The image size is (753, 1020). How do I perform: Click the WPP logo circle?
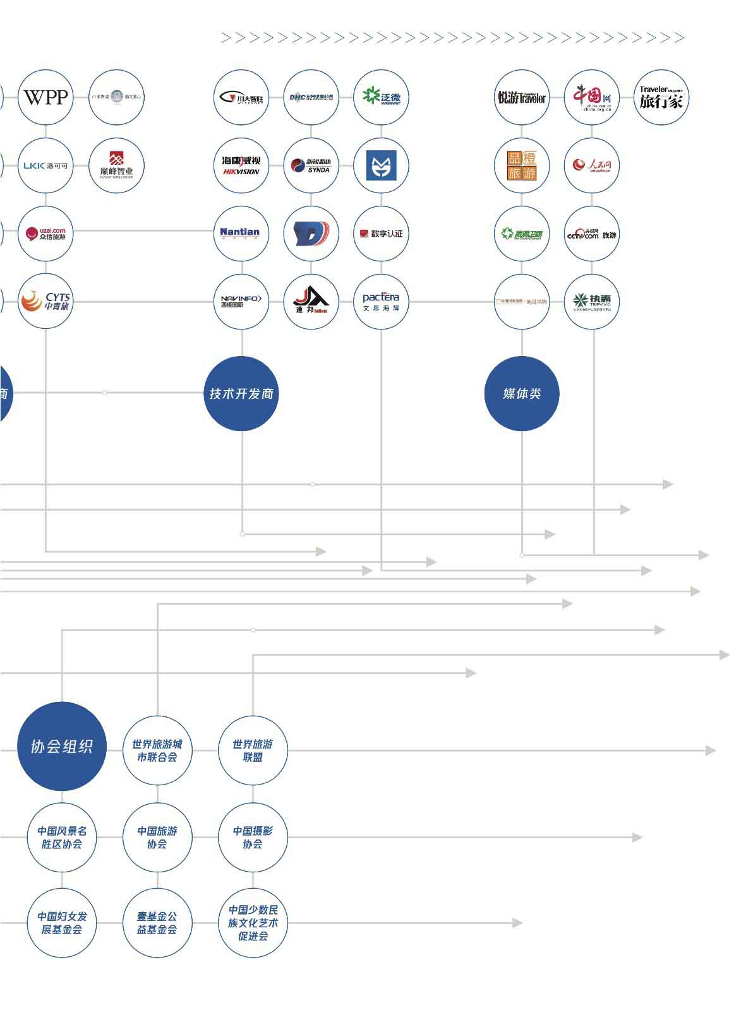45,97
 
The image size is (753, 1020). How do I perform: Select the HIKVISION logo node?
241,165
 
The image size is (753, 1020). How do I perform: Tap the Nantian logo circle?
241,234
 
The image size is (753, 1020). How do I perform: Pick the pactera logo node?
381,302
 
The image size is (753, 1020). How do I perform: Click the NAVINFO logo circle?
241,302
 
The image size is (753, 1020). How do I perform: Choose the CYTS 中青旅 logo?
45,302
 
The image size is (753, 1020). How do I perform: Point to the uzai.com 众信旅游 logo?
45,234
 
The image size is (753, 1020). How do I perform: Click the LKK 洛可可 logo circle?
45,165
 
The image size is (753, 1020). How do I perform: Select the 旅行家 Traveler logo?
661,97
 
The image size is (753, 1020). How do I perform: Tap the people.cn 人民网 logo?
591,165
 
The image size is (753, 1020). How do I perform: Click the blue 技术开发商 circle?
241,393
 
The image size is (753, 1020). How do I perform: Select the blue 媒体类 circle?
522,393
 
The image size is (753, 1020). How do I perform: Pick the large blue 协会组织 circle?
62,746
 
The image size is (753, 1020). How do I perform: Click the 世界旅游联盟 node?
253,750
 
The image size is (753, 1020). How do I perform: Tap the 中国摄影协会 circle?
253,837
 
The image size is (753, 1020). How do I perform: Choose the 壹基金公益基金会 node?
157,923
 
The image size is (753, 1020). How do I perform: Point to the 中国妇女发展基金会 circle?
62,923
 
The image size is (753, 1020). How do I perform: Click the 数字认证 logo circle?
381,234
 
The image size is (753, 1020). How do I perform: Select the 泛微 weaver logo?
381,97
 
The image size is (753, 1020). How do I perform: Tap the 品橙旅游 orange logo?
522,165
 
